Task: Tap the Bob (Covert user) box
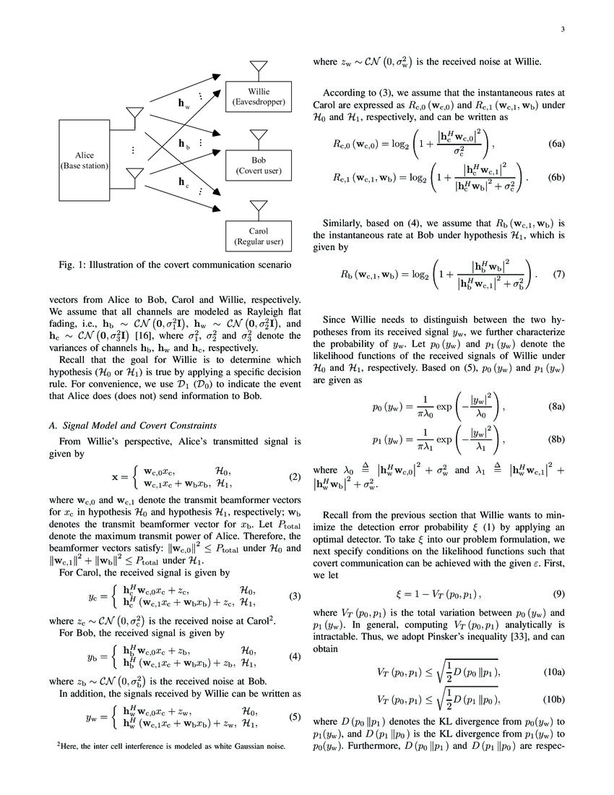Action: pos(258,165)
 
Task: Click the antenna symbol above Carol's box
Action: pos(258,207)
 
